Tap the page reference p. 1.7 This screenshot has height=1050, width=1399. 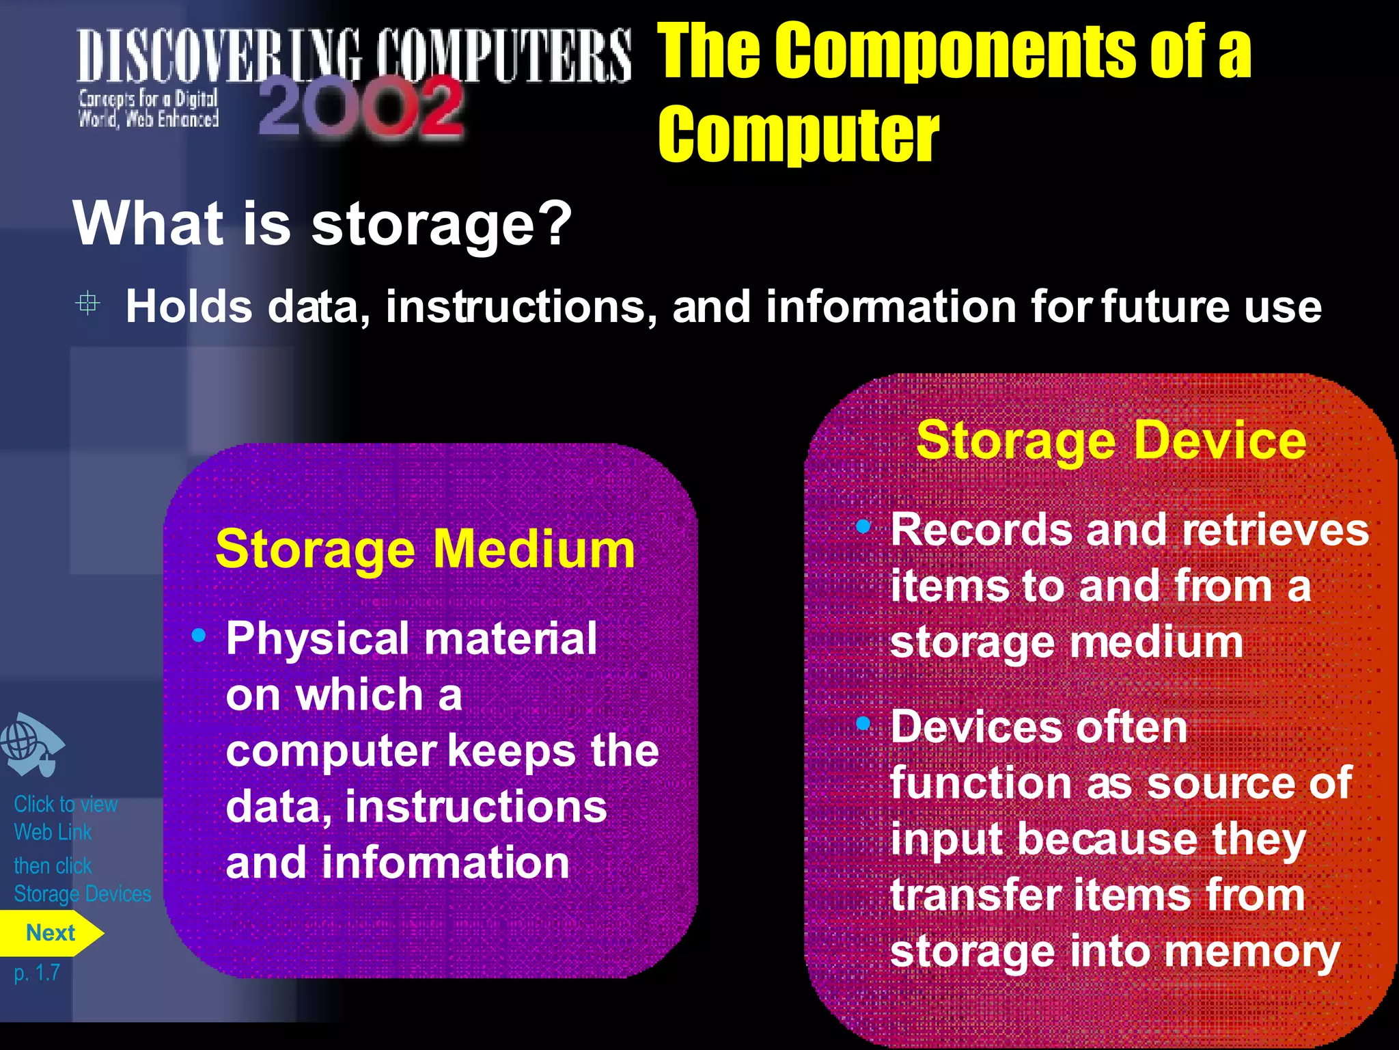click(38, 972)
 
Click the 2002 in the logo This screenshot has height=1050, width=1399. click(361, 108)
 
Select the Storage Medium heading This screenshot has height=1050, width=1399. click(425, 549)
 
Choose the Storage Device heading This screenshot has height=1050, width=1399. click(1111, 440)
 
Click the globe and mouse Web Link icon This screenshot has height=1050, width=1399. click(31, 744)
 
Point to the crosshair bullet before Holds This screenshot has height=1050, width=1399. click(87, 303)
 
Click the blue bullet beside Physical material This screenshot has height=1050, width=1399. click(199, 636)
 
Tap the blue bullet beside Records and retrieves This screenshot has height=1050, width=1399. click(863, 526)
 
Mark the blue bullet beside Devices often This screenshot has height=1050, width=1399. click(863, 723)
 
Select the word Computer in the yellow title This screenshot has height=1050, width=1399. click(799, 135)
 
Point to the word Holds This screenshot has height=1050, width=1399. click(189, 306)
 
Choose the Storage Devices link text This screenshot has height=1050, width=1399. click(83, 894)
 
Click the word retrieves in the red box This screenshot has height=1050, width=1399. click(1275, 530)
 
